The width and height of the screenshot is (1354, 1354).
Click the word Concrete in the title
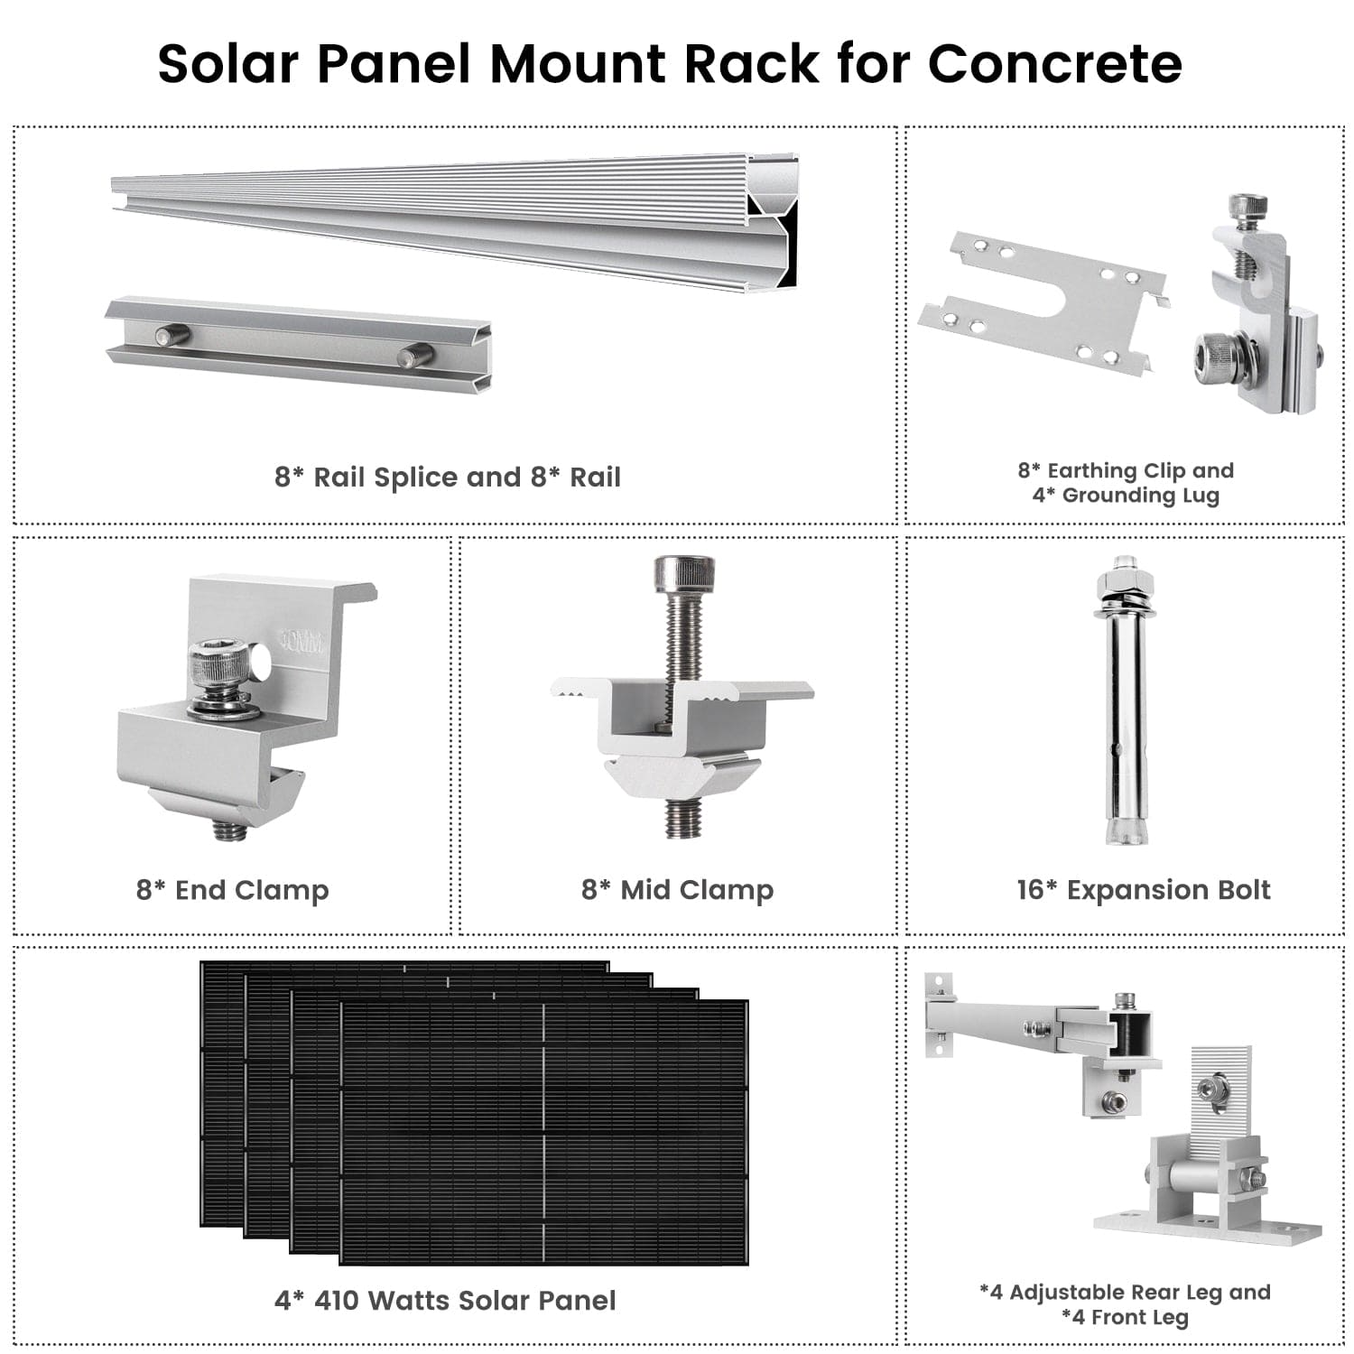[1054, 63]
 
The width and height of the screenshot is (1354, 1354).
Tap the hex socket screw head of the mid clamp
[683, 572]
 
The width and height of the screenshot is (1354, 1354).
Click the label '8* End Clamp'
[232, 890]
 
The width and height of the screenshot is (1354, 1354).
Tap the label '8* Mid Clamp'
[677, 890]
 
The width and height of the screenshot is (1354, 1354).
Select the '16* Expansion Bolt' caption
[1143, 890]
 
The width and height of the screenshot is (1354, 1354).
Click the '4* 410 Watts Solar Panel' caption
[445, 1301]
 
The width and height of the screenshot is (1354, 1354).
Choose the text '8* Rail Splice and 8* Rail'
[447, 477]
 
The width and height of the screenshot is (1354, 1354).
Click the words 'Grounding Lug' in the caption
[1140, 496]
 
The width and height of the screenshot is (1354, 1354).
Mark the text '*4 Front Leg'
[1125, 1318]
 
